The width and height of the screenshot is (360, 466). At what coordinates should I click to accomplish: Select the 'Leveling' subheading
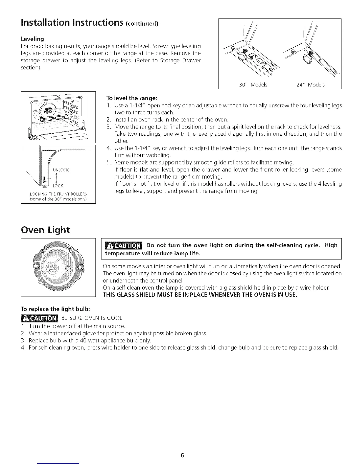coord(32,39)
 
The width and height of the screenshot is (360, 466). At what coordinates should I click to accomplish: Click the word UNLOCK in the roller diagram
coord(61,170)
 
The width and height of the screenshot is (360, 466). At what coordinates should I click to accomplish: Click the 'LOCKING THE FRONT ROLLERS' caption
coord(58,194)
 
